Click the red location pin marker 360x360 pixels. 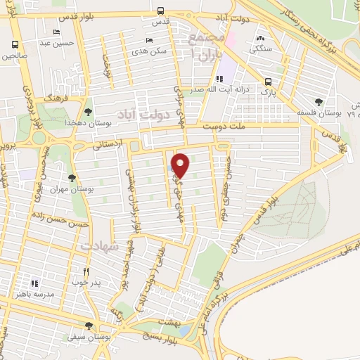pyautogui.click(x=181, y=164)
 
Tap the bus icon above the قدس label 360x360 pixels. pyautogui.click(x=161, y=11)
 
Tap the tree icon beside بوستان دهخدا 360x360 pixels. pyautogui.click(x=88, y=111)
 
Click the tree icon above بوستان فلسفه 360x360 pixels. pyautogui.click(x=319, y=103)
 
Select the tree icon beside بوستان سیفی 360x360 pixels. pyautogui.click(x=88, y=326)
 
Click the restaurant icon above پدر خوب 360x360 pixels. pyautogui.click(x=86, y=271)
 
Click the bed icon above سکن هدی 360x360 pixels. pyautogui.click(x=148, y=41)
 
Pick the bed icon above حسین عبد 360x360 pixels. pyautogui.click(x=56, y=32)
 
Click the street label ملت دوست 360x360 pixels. pyautogui.click(x=222, y=127)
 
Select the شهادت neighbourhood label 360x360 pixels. pyautogui.click(x=96, y=247)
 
